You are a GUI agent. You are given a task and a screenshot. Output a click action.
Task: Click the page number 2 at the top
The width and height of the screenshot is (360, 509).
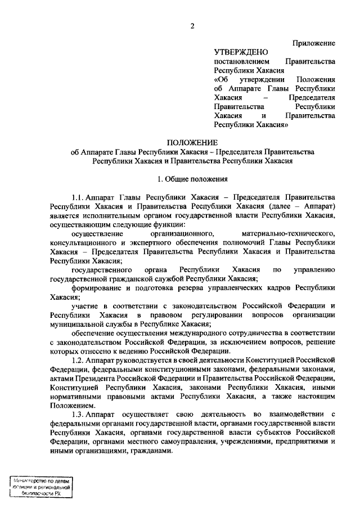192,26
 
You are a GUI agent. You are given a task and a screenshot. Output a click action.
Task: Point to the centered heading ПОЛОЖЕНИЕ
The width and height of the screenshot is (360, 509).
192,143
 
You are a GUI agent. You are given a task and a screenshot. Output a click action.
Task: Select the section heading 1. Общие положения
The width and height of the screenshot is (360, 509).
192,179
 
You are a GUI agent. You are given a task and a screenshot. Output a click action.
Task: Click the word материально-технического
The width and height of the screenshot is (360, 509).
288,233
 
